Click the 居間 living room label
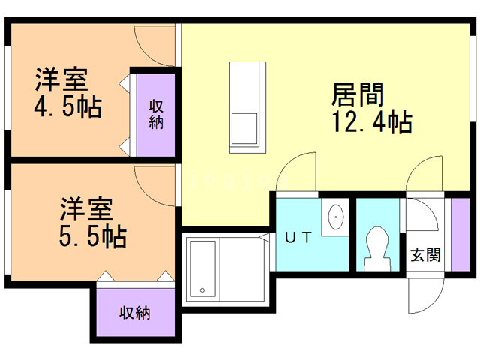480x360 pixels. pos(358,94)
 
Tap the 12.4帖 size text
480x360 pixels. pos(372,121)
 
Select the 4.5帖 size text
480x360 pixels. pos(67,106)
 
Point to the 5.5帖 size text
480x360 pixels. pos(93,236)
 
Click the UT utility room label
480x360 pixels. pos(298,237)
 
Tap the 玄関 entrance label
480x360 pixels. pos(425,255)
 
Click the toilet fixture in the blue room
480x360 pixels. pos(378,248)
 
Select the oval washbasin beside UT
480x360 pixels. pos(336,217)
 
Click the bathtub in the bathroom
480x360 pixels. pos(202,269)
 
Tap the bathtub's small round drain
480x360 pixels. pos(202,290)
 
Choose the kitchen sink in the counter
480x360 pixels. pos(244,128)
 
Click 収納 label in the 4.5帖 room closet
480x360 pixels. pos(156,115)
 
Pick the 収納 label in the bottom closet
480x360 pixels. pos(135,313)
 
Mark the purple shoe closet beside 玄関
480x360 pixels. pos(460,235)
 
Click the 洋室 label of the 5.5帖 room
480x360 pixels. pos(86,209)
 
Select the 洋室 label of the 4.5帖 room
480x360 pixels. pos(61,79)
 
